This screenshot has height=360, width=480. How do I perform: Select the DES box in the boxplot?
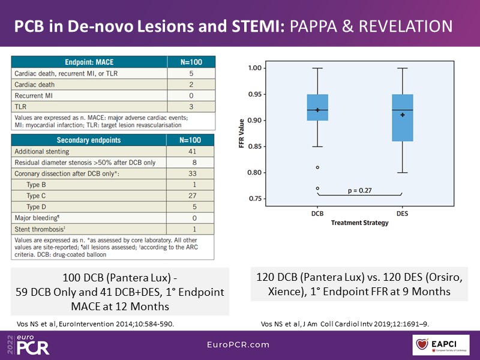(402, 118)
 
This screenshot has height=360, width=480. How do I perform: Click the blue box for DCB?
(317, 107)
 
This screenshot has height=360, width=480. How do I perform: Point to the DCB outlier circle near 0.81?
(317, 167)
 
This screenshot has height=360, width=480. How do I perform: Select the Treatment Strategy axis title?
(359, 223)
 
